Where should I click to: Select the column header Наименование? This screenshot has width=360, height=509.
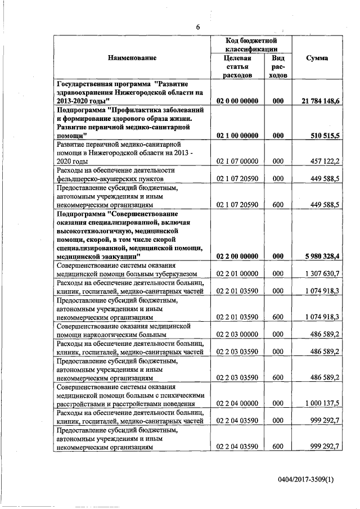pyautogui.click(x=133, y=58)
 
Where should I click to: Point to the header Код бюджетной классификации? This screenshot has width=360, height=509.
pyautogui.click(x=249, y=45)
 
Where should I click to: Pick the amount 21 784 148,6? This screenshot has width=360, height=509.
pyautogui.click(x=319, y=100)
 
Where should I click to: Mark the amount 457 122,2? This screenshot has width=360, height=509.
pyautogui.click(x=325, y=161)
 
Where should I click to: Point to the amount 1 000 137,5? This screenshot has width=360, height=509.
pyautogui.click(x=323, y=403)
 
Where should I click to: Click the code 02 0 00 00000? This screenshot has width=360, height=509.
pyautogui.click(x=237, y=100)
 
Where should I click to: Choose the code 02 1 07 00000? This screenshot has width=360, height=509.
pyautogui.click(x=237, y=161)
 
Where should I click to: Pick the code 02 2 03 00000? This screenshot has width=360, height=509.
pyautogui.click(x=237, y=334)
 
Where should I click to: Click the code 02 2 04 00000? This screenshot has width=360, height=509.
pyautogui.click(x=237, y=403)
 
